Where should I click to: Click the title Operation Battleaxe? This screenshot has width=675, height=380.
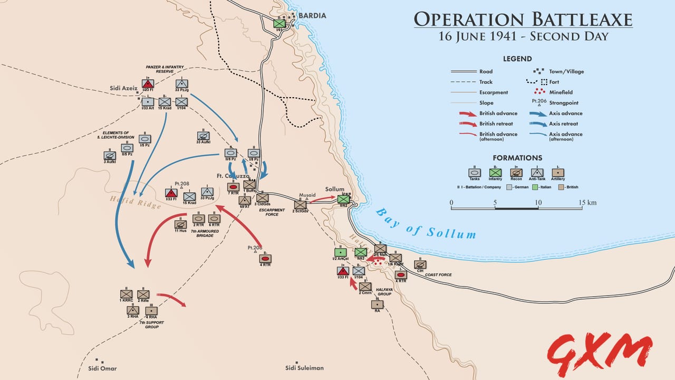523,20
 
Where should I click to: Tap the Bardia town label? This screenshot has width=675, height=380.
312,16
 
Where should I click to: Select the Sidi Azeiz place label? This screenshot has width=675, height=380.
124,88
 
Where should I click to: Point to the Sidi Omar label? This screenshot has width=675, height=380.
102,368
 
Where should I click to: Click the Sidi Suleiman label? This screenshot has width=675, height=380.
304,368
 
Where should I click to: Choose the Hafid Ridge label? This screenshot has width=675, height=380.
136,202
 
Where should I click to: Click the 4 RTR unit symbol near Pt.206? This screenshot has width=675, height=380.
265,259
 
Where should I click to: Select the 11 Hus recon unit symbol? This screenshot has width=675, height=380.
180,224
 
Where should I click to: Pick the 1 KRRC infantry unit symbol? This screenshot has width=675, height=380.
126,294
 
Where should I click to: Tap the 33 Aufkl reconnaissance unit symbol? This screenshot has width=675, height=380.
203,136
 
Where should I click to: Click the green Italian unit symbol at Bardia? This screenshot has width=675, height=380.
279,23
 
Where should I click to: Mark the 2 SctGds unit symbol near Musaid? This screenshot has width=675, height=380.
300,205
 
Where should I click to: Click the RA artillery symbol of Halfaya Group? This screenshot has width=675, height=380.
377,304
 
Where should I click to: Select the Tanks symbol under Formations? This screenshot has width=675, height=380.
475,172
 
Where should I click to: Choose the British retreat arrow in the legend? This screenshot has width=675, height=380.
466,123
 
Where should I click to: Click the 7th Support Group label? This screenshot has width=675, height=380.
149,324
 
